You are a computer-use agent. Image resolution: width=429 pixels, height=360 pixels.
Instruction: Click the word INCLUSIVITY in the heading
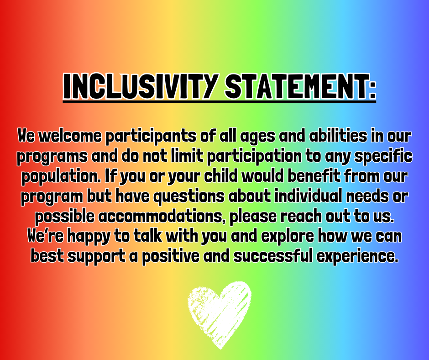[x=141, y=86]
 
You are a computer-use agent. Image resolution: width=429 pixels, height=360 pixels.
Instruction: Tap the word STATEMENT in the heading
[x=295, y=86]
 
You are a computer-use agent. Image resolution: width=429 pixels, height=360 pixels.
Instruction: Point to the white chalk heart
[x=220, y=315]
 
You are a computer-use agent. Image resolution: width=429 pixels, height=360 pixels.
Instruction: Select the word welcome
[x=70, y=136]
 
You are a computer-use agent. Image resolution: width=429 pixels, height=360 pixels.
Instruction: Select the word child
[x=221, y=176]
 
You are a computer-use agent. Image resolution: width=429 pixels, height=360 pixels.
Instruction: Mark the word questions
[x=189, y=197]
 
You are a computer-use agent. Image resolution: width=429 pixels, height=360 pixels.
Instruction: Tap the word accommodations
[x=160, y=217]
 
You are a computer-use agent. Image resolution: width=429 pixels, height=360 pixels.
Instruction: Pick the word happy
[x=89, y=237]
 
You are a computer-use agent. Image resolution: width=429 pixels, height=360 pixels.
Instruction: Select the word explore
[x=287, y=237]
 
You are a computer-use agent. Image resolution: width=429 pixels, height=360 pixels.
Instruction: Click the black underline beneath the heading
[x=220, y=101]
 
